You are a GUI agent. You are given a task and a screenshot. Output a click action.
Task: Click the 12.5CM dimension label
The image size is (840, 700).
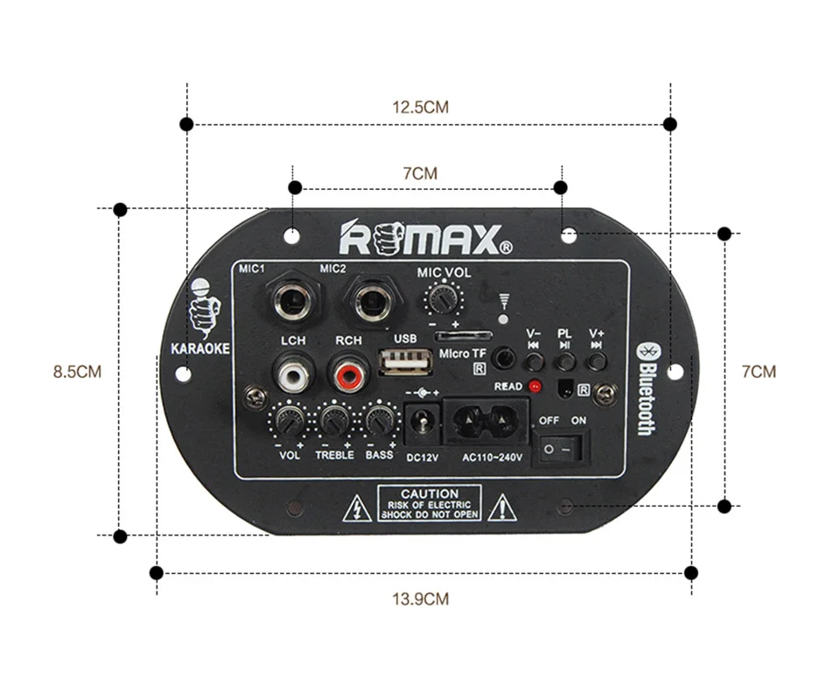420,108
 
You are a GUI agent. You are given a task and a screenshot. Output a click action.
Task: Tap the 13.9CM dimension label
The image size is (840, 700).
420,599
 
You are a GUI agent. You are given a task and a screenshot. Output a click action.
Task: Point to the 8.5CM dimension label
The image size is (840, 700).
77,372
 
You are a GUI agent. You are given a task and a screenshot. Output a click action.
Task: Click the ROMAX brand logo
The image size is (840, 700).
419,237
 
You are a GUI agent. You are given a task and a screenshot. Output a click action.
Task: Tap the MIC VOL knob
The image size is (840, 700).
444,302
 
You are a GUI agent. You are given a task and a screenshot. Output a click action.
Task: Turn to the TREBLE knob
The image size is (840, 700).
333,423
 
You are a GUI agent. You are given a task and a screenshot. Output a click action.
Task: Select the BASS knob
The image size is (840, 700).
379,423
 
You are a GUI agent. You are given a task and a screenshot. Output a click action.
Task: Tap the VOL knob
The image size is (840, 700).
288,423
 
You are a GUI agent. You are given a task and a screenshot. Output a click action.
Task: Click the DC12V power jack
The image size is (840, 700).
423,423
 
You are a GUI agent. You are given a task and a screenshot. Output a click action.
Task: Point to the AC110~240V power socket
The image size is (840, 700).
486,423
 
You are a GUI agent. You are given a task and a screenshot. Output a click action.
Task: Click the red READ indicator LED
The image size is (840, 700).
534,386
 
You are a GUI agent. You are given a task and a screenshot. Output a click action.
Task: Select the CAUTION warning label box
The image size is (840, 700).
430,504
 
